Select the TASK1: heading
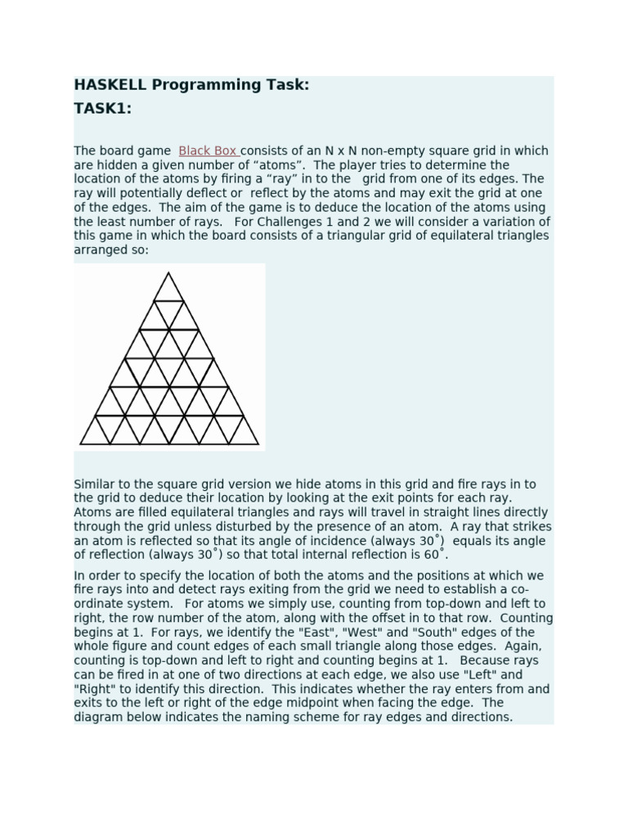(x=103, y=109)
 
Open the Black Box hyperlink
(x=209, y=151)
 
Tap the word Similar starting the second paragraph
(x=95, y=484)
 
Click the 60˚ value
(x=437, y=555)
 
